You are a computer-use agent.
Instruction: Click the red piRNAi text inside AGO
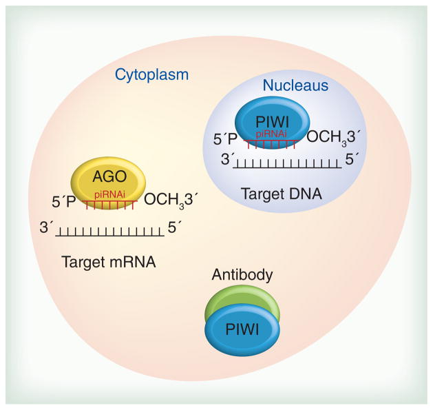tap(109, 196)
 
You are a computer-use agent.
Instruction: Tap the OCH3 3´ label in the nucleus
tap(332, 139)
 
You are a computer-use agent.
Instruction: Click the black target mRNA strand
tap(109, 233)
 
